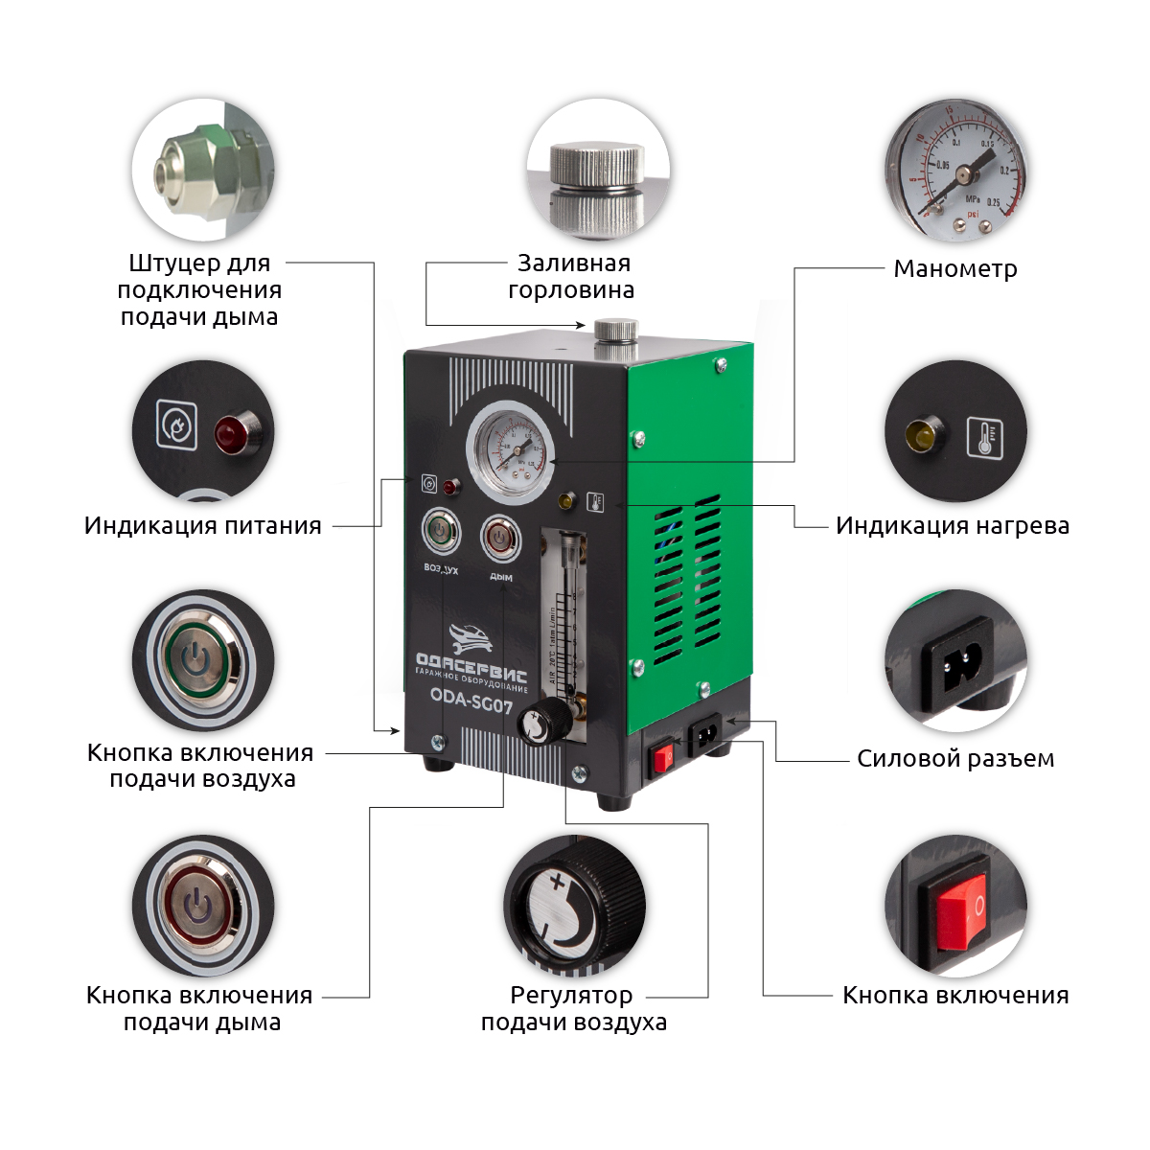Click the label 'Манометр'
[954, 269]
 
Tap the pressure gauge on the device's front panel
[510, 451]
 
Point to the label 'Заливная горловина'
[572, 277]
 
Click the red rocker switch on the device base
[662, 761]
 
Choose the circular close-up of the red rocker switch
[955, 907]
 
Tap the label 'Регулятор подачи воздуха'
[573, 1009]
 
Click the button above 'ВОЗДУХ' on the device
[441, 532]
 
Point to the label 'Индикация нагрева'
[952, 526]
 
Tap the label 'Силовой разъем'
[954, 759]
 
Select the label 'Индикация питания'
[202, 526]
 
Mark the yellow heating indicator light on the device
[566, 499]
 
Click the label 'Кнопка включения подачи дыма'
[200, 1009]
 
